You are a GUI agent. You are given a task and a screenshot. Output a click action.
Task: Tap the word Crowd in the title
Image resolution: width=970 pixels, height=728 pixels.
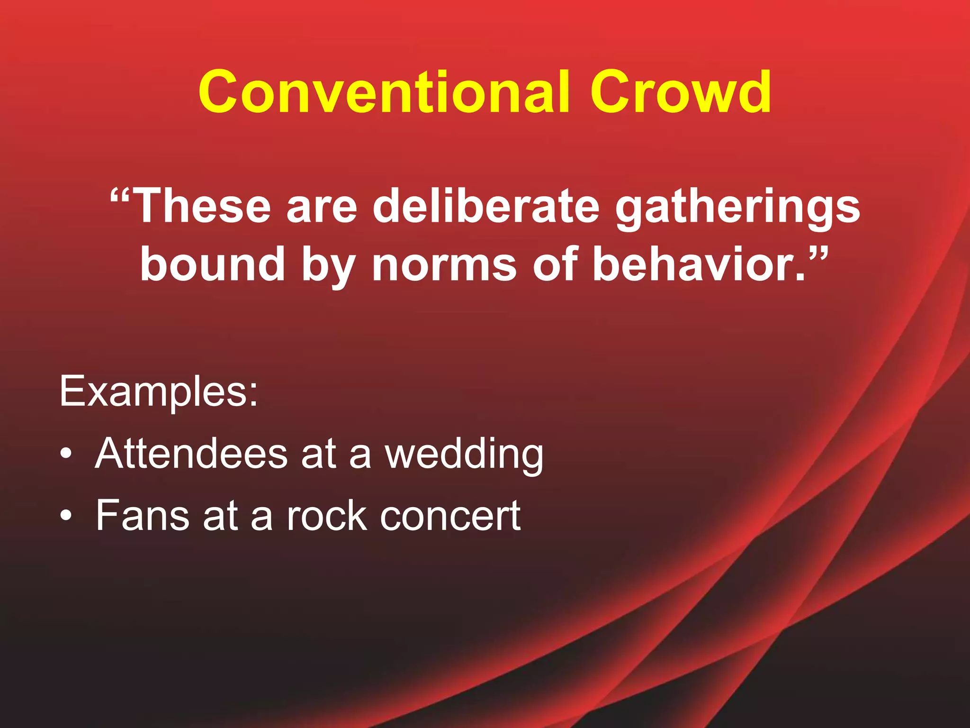681,92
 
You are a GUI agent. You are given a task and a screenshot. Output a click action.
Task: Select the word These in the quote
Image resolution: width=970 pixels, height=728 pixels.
202,206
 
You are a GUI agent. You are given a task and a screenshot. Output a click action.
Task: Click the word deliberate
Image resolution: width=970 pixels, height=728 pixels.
486,206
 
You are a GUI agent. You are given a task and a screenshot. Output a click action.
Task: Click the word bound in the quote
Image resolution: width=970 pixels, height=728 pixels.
213,264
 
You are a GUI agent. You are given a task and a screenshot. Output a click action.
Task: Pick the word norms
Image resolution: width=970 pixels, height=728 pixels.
444,264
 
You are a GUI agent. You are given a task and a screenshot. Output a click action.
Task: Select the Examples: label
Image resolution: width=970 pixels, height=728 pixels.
159,391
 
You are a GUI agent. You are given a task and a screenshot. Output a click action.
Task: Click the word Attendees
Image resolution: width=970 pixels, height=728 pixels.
191,454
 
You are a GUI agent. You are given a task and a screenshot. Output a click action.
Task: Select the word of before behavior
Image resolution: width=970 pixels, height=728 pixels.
555,264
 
